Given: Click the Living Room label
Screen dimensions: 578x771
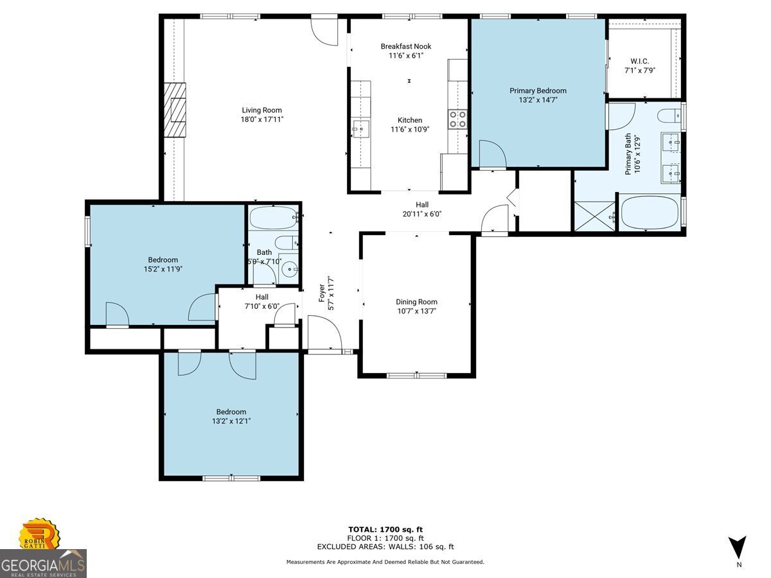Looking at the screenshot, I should tap(261, 110).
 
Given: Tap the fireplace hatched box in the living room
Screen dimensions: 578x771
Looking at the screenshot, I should tap(174, 110).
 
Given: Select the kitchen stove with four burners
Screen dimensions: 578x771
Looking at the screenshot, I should tap(457, 119).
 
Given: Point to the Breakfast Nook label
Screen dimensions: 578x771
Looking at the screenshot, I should tap(405, 46).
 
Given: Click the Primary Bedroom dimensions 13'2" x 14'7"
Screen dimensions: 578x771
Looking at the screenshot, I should tap(538, 100).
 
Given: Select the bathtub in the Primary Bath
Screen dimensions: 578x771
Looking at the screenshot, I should tap(649, 213).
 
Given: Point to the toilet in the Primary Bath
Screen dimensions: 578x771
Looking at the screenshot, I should tap(668, 116).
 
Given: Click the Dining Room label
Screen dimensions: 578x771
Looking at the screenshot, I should tap(416, 302).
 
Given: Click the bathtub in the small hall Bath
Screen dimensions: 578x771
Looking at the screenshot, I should tap(273, 218).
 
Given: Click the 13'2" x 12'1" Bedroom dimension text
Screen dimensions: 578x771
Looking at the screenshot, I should tap(231, 421).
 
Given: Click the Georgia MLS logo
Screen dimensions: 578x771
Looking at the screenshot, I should tap(43, 563).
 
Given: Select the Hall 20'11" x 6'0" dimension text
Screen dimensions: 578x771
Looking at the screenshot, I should tap(421, 214).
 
